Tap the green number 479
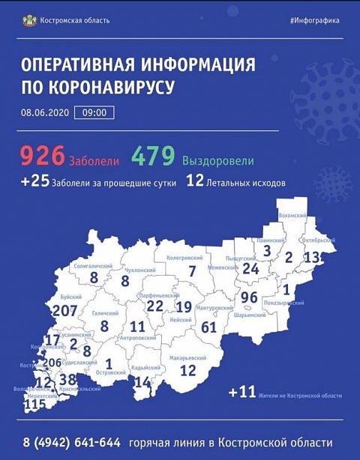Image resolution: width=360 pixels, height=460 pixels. click(154, 156)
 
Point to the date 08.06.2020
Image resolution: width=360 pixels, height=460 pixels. click(49, 113)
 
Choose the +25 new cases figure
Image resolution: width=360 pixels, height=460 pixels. click(34, 181)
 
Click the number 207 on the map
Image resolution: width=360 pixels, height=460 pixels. click(65, 310)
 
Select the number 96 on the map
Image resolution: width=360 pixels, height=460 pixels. click(250, 297)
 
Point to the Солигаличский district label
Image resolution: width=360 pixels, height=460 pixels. click(92, 266)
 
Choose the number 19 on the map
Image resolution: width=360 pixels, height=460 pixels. click(184, 306)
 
